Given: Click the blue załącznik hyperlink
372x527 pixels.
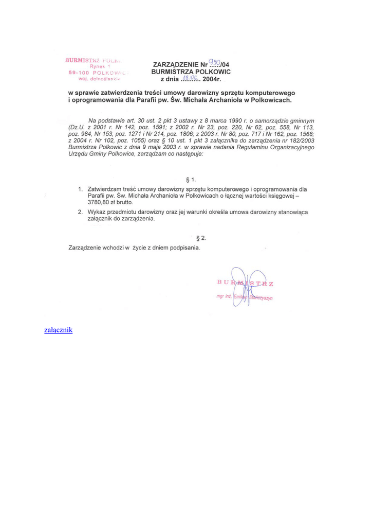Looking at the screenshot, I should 59,329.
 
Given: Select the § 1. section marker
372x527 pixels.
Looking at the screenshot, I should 191,180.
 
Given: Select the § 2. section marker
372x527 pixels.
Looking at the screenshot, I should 201,238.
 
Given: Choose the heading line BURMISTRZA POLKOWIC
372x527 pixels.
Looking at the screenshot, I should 191,72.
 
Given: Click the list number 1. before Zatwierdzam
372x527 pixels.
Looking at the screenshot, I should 81,189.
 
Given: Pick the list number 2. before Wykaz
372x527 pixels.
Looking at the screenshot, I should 81,212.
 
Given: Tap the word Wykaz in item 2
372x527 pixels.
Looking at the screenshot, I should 97,212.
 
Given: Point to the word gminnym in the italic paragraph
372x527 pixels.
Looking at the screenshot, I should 301,120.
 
